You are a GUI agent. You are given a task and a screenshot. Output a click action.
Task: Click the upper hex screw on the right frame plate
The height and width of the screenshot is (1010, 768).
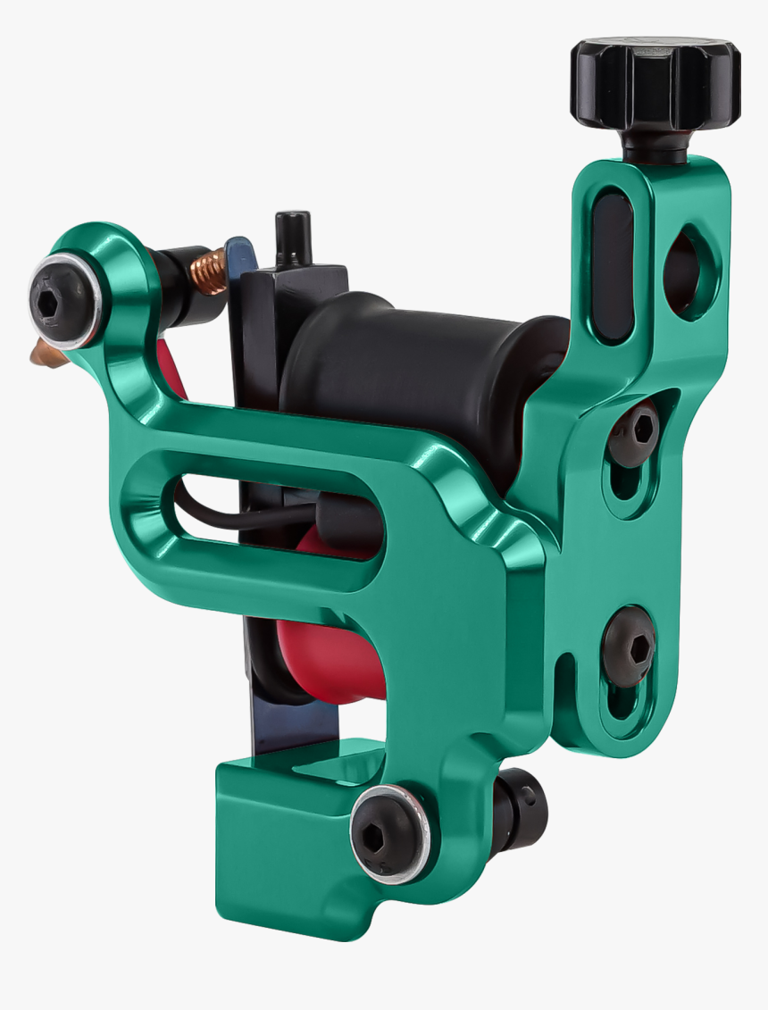coord(635,433)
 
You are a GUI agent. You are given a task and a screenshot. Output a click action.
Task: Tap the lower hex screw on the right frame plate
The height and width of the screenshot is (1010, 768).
coord(629,646)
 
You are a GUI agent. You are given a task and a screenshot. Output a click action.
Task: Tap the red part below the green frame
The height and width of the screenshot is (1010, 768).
coord(326,661)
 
